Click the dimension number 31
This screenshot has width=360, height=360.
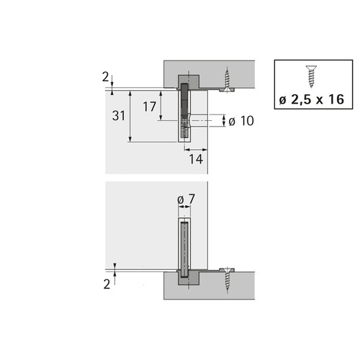click(119, 116)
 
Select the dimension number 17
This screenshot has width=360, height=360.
click(150, 107)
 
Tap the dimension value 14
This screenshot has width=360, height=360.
click(196, 159)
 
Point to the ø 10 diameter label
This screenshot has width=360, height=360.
click(241, 121)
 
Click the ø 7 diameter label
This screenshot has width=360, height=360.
click(186, 199)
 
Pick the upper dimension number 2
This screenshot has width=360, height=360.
click(105, 77)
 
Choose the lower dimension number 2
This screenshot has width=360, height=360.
click(107, 284)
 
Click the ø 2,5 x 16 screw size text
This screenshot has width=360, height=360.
click(312, 99)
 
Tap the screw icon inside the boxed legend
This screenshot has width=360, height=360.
click(311, 76)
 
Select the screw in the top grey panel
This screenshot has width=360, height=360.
click(227, 80)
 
